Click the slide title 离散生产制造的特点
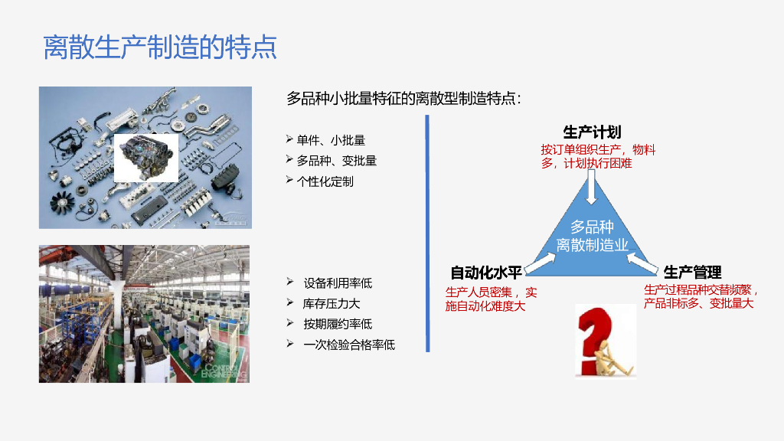coord(160,47)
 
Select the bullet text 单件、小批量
coord(331,140)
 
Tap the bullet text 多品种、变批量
coord(337,161)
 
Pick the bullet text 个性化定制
coord(325,181)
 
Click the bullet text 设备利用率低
coord(338,283)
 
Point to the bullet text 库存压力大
coord(332,304)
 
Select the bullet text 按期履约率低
coord(338,325)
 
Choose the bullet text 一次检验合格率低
coord(349,345)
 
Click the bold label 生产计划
coord(592,132)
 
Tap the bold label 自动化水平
coord(486,273)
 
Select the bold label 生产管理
coord(692,273)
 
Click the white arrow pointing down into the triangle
coord(592,187)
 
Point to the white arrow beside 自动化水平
coord(540,263)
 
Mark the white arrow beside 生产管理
coord(642,263)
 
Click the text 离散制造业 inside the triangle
coord(592,245)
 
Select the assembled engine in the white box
coord(146,158)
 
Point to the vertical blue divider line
coord(427,234)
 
